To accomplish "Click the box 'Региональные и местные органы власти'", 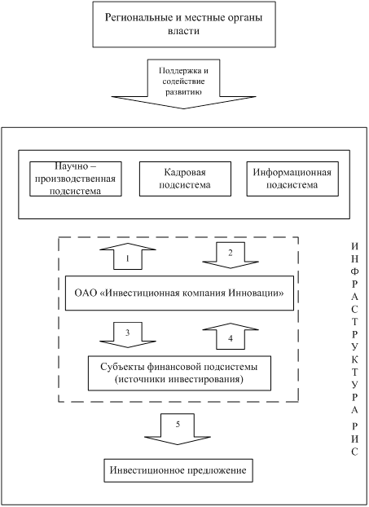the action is click(x=184, y=24).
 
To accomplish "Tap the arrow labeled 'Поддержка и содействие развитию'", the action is click(x=183, y=84).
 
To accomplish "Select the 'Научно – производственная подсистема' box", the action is click(x=76, y=179).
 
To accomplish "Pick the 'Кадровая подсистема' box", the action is click(x=185, y=179).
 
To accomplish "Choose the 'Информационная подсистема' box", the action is click(x=292, y=179).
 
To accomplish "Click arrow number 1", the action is click(x=128, y=256).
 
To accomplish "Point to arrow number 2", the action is click(x=231, y=255).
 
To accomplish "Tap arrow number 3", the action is click(x=128, y=335).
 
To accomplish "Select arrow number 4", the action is click(x=231, y=336).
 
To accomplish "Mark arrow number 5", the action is click(x=178, y=429).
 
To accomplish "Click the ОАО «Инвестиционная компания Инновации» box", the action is click(x=180, y=293).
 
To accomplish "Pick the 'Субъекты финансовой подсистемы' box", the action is click(x=180, y=373).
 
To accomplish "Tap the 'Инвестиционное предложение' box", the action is click(x=178, y=470).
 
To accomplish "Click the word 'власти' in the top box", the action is click(x=183, y=31).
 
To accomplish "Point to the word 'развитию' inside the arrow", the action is click(x=183, y=92).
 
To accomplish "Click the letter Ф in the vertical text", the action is click(x=355, y=271).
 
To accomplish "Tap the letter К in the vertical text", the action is click(x=355, y=359).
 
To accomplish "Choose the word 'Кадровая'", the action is click(x=185, y=172).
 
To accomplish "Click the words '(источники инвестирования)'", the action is click(x=179, y=379).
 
